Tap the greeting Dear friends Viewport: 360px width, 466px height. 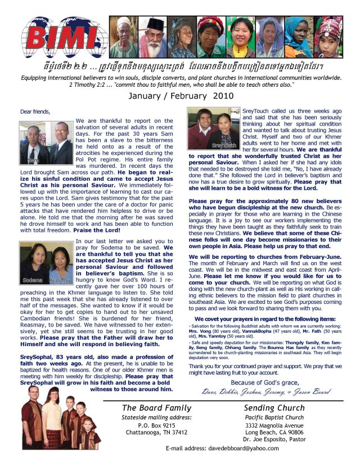34,111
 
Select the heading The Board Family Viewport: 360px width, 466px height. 157,408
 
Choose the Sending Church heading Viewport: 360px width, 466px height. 274,407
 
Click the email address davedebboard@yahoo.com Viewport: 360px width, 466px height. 223,448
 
